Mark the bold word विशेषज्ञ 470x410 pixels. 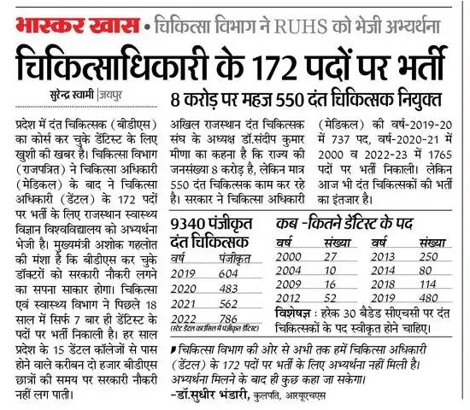pos(295,315)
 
